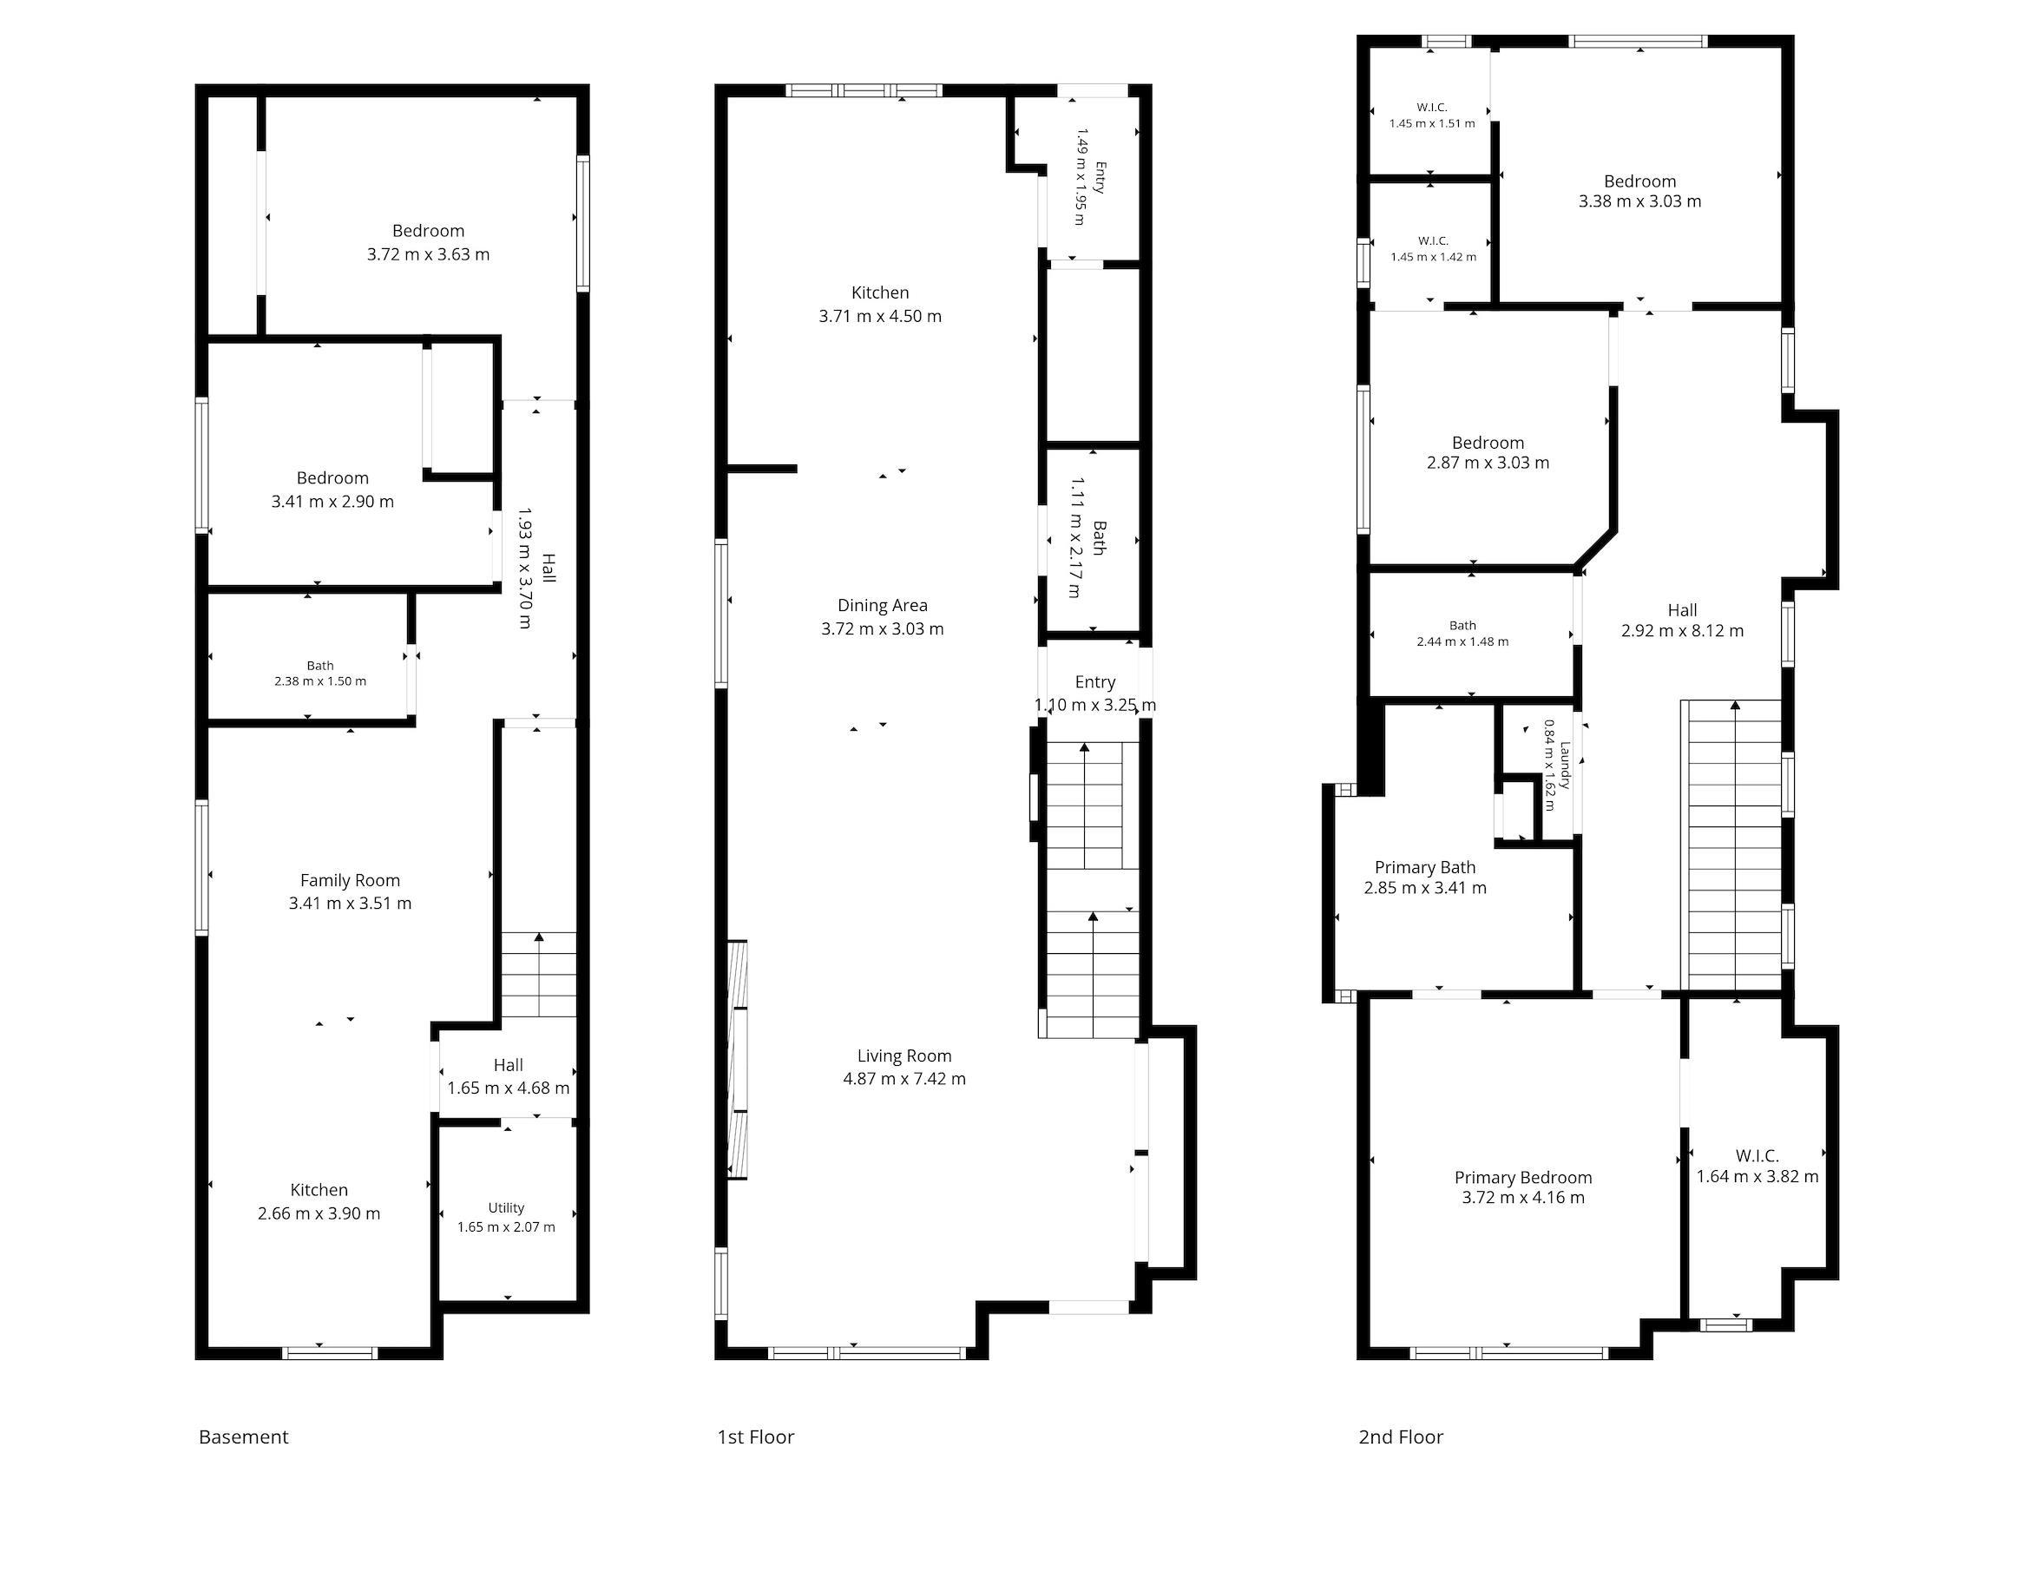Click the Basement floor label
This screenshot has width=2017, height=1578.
coord(244,1437)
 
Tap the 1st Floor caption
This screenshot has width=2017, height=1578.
coord(755,1437)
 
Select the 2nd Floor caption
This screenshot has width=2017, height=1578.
coord(1400,1437)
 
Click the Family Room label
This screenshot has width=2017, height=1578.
coord(350,880)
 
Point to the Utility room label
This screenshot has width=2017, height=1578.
coord(506,1207)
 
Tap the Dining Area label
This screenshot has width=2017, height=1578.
coord(882,605)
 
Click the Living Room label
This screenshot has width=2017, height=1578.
coord(904,1055)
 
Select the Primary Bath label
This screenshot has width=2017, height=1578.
coord(1425,866)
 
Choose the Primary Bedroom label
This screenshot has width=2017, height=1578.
coord(1523,1177)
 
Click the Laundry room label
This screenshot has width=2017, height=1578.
coord(1565,765)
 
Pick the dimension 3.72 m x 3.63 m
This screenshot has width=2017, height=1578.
coord(428,254)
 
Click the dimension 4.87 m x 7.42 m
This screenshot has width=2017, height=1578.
coord(904,1078)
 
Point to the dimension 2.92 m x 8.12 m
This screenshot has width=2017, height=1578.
coord(1682,631)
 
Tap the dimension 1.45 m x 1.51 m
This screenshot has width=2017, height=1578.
coord(1431,123)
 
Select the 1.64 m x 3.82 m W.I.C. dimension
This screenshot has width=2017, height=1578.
coord(1757,1177)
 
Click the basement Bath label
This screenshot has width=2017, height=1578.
coord(320,665)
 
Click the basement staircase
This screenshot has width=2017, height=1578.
coord(538,975)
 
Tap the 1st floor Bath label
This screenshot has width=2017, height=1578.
coord(1099,537)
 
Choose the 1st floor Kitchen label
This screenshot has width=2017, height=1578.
coord(879,293)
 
